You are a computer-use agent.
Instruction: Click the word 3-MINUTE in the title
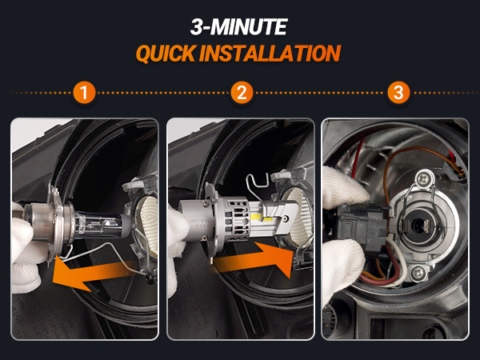(238, 26)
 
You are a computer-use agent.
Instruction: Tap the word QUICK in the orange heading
(166, 54)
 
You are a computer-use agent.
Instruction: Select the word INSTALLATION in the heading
(270, 54)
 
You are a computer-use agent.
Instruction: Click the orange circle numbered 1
(84, 93)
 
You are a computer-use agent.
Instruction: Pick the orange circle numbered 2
(242, 93)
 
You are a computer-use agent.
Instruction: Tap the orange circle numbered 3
(398, 93)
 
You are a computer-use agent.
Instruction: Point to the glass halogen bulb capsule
(102, 226)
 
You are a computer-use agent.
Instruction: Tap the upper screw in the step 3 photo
(424, 178)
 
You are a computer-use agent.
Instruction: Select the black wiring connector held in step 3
(362, 227)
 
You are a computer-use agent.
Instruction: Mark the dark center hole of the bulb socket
(418, 226)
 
